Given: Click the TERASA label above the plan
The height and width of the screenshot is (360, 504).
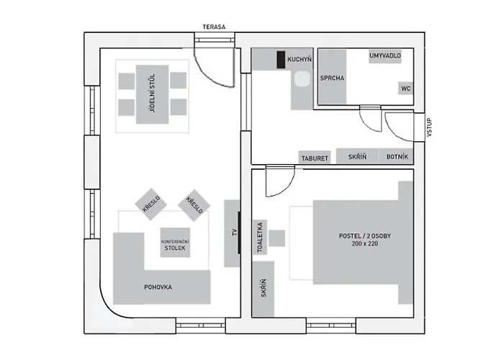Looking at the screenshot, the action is tap(214, 27).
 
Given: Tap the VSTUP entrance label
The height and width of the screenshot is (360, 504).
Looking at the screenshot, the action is tap(429, 127).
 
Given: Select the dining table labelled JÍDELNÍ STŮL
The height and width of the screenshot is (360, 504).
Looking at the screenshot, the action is tap(153, 94).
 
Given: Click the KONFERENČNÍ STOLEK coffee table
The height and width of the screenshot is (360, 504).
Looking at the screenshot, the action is tap(175, 243).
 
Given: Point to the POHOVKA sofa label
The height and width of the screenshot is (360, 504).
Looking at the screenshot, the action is tap(158, 287).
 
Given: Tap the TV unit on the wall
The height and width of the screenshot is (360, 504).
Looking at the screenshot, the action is tap(232, 233).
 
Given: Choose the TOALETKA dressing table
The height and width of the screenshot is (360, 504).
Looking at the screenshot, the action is tap(260, 237).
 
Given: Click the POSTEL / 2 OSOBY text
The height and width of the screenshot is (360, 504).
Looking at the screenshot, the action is tap(365, 236).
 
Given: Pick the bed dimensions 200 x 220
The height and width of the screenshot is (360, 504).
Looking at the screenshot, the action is tap(365, 243).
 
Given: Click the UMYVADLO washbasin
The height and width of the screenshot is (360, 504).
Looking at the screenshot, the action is tap(385, 56).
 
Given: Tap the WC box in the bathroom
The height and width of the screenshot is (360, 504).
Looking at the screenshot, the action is tap(405, 88).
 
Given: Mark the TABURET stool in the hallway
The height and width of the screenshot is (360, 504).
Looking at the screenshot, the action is tap(315, 158).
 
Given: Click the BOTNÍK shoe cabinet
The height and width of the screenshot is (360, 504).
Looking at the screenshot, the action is tap(397, 156).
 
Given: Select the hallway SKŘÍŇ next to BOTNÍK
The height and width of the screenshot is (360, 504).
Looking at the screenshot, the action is tap(357, 156).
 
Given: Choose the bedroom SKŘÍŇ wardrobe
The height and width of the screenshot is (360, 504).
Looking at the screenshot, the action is tap(264, 289).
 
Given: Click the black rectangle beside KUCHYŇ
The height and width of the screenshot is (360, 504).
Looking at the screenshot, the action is tap(281, 60).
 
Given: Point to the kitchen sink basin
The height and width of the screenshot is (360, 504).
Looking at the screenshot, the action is tap(302, 79).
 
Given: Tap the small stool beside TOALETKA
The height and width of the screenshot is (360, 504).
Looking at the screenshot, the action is tap(276, 238).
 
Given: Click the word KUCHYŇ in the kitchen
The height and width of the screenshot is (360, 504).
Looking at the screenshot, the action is tap(300, 59).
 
